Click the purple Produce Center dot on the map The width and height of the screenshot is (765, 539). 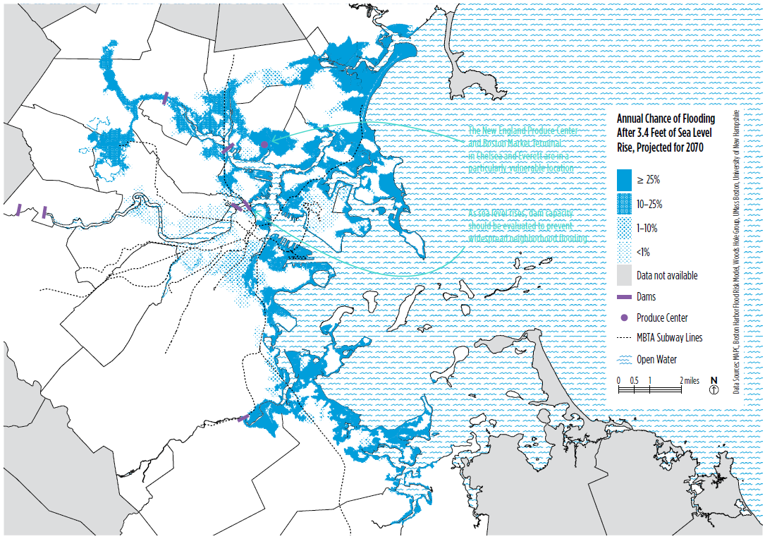tap(264, 144)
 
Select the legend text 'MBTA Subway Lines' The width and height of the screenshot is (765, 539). tap(669, 338)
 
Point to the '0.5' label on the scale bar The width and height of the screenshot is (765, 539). tap(634, 380)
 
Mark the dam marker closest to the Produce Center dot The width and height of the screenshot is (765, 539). tap(228, 149)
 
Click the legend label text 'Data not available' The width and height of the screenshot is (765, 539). tap(668, 276)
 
